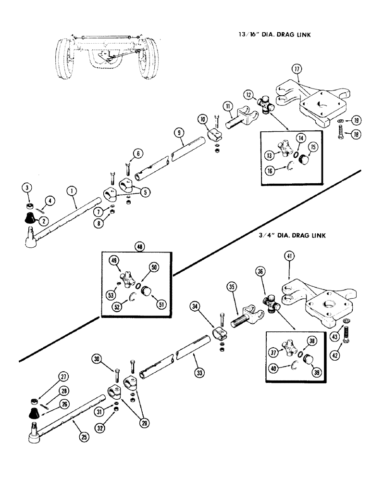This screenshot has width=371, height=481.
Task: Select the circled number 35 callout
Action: pyautogui.click(x=232, y=288)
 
